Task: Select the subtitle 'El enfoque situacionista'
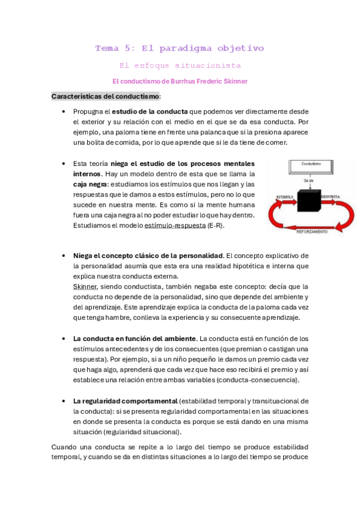[x=180, y=65]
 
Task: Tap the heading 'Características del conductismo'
[x=105, y=96]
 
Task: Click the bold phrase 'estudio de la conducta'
[x=150, y=112]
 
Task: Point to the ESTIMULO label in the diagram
[x=285, y=197]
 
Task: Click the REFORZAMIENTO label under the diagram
[x=313, y=230]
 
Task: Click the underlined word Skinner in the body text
[x=84, y=286]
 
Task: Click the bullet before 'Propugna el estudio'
[x=64, y=112]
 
